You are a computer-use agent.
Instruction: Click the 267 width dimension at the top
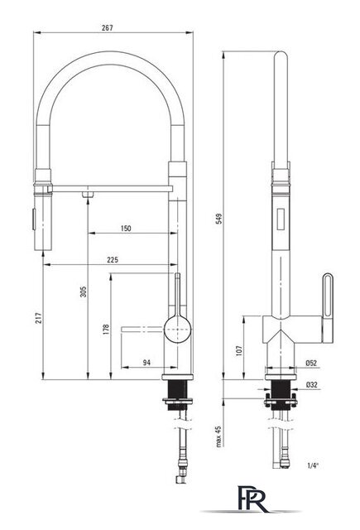[108, 27]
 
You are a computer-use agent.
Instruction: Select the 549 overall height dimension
[219, 219]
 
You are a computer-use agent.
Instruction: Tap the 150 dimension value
[126, 229]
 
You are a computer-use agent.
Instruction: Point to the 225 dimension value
[113, 259]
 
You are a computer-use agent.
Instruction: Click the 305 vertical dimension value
[84, 291]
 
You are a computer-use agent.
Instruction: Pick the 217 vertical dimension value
[39, 318]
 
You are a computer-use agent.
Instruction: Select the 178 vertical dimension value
[106, 330]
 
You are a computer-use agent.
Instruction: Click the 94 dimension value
[146, 363]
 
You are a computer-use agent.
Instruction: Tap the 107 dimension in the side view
[239, 350]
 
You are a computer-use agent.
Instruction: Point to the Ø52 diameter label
[311, 363]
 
